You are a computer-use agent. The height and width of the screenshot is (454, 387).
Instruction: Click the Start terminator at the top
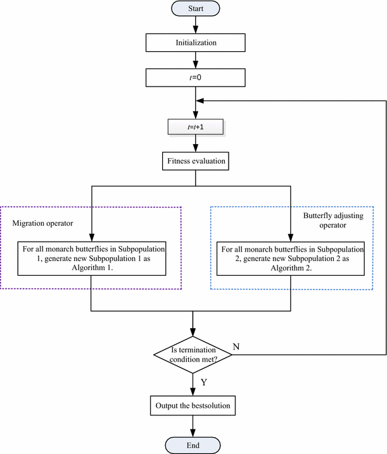[194, 9]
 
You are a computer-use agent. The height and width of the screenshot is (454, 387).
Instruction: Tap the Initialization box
[194, 43]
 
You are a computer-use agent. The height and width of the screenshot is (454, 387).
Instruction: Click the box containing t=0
[194, 78]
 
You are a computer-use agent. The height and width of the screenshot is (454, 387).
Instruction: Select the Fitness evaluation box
[194, 161]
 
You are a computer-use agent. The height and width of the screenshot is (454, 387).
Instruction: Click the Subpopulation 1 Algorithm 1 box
[92, 259]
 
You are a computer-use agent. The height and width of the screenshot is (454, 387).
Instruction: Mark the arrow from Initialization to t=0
[194, 60]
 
